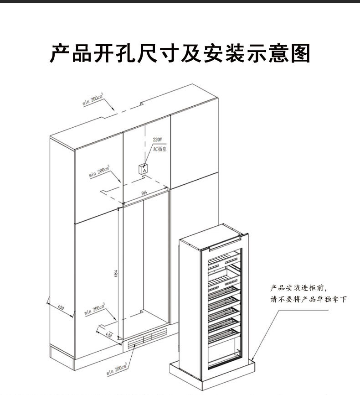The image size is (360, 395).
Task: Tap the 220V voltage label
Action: point(157,140)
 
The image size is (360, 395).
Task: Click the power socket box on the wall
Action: point(144,168)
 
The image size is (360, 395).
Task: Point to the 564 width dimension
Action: point(144,193)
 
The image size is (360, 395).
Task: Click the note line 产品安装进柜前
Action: point(299,288)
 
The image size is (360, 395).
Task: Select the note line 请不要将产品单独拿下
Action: point(309,300)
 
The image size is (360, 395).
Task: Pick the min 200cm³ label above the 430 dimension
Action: point(95,310)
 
